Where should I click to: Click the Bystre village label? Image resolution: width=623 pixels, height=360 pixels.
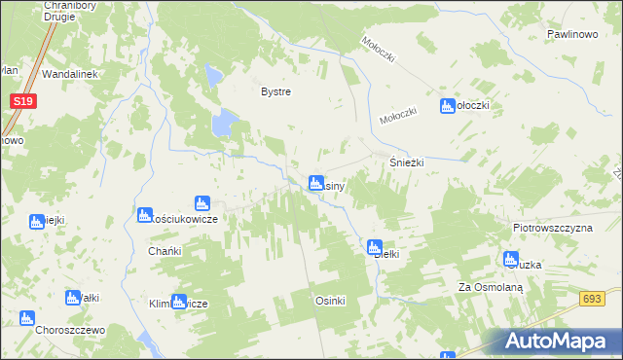276,91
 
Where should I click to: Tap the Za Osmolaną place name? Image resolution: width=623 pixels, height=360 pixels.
492,287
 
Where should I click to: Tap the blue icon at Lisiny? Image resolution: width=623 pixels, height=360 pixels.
315,182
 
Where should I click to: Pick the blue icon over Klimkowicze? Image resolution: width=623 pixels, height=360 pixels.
178,302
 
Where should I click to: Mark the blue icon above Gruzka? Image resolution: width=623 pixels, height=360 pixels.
511,259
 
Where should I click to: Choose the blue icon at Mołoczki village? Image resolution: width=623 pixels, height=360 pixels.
448,106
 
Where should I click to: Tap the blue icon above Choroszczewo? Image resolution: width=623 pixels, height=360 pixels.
26,317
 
